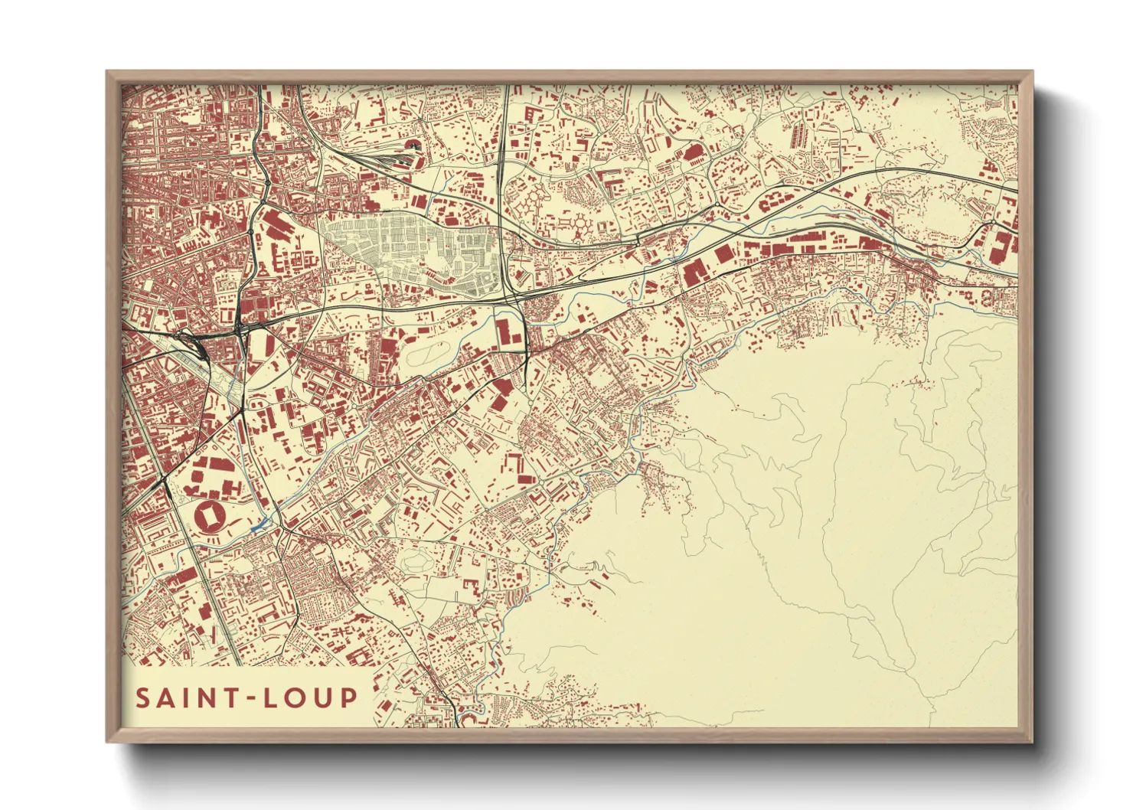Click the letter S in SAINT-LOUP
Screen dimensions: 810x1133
coord(143,698)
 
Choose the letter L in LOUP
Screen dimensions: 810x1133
coord(272,698)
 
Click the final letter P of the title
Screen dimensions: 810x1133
coord(349,698)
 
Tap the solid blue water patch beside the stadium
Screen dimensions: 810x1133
coord(259,524)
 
